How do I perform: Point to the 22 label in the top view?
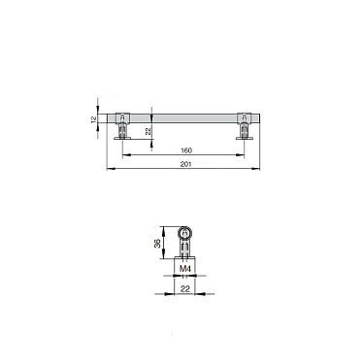(148, 130)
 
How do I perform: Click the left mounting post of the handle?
(124, 129)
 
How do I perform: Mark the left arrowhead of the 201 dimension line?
(109, 169)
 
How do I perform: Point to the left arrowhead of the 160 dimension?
(126, 155)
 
